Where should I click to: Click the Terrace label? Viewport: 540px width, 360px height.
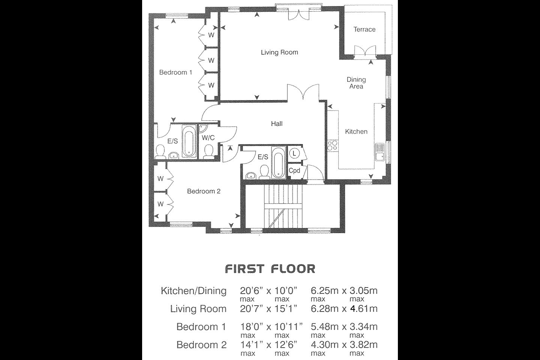364,29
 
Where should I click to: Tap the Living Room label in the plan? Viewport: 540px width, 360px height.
279,52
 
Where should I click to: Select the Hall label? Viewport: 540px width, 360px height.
277,124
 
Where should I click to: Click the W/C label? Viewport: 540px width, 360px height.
208,138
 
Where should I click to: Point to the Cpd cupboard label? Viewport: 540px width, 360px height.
294,171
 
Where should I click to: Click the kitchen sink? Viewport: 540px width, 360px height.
379,151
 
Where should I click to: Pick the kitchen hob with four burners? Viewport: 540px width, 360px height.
332,145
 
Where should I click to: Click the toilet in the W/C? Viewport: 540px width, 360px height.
208,151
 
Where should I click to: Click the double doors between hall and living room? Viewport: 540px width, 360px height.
303,93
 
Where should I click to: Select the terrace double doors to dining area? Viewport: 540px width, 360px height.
365,52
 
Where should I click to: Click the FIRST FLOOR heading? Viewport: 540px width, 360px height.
270,269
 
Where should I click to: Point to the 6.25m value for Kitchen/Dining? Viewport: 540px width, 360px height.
323,291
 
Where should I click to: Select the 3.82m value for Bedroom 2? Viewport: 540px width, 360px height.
363,345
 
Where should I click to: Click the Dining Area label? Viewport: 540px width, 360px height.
356,83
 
